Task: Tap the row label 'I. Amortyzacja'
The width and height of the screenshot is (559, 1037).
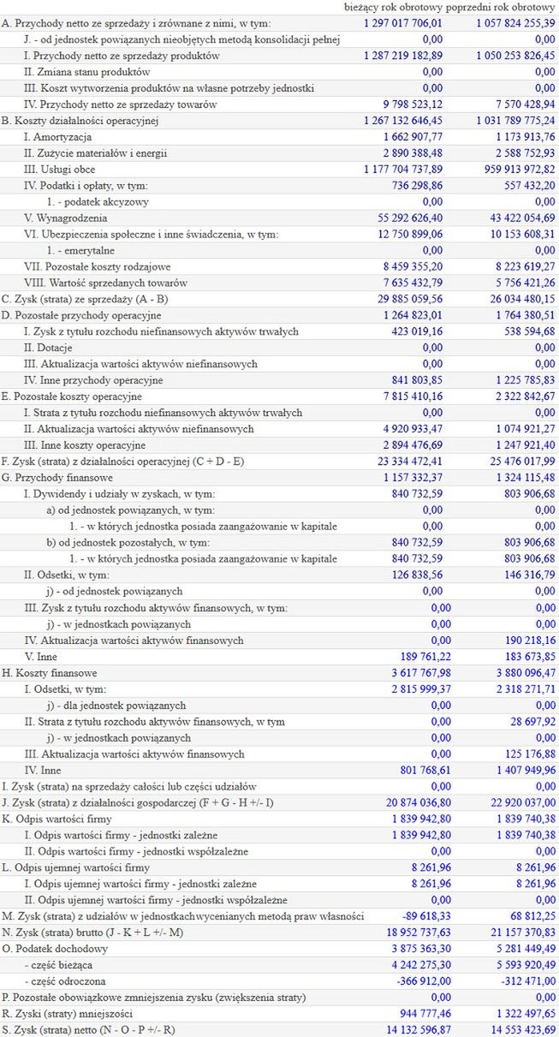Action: click(57, 137)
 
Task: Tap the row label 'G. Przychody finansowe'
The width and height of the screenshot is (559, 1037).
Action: click(55, 477)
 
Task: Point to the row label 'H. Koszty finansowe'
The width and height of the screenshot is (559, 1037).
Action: click(50, 673)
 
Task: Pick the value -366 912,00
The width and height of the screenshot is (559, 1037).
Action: click(414, 981)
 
